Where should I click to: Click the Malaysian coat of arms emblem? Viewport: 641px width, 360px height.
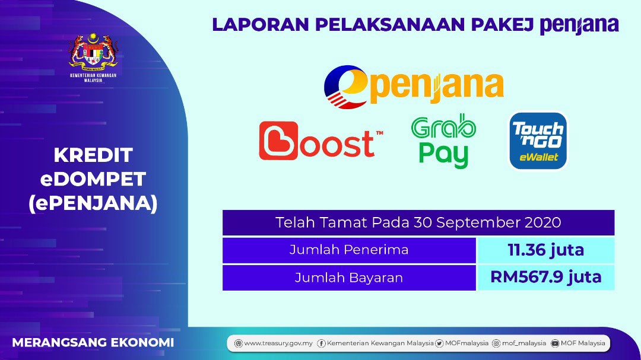point(93,52)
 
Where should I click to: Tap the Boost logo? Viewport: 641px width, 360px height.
point(321,141)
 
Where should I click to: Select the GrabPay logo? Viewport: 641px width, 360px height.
point(443,141)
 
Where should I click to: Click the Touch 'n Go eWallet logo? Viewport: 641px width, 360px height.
point(538,141)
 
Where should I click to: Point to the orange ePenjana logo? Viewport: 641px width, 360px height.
point(413,87)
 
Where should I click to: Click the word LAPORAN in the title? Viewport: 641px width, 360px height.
point(261,24)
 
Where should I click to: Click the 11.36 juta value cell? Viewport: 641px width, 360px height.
point(546,250)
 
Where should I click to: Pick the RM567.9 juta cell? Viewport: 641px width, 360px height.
point(546,278)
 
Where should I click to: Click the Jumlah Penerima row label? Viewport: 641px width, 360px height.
point(349,250)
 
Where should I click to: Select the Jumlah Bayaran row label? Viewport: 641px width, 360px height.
point(349,278)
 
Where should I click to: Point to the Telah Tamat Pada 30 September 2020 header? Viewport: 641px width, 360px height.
point(418,222)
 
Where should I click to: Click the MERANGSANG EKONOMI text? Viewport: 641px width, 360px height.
point(93,342)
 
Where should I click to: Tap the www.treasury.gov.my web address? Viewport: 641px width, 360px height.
point(278,343)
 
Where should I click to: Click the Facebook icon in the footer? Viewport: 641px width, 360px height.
point(321,343)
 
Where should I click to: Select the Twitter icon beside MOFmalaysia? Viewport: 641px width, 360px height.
point(439,343)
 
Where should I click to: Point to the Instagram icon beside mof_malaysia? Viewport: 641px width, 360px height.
point(496,343)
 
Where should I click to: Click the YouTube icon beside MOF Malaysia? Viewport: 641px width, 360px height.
point(555,343)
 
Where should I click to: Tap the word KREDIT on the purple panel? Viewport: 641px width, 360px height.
point(93,155)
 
